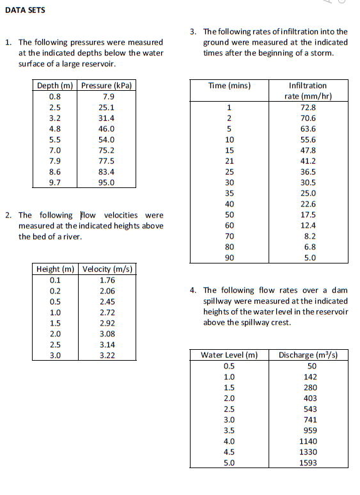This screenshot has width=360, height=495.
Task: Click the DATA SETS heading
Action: click(25, 10)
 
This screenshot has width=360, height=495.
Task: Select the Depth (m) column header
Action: click(56, 86)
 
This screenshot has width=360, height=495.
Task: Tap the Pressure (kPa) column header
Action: click(107, 86)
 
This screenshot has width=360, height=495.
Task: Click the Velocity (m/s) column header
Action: click(107, 269)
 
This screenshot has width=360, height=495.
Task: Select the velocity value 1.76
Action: click(107, 279)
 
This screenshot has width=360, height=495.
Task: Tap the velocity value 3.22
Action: click(107, 356)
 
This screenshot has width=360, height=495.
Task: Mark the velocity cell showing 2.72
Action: click(107, 312)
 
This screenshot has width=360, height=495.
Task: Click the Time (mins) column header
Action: click(230, 86)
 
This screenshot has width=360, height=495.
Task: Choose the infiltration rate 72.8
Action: click(308, 107)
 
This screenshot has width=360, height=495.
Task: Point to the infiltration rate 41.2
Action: click(308, 161)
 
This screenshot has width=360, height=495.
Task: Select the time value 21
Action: click(230, 161)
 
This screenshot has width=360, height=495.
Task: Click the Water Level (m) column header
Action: click(229, 355)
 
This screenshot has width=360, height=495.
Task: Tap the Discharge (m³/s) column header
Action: click(308, 355)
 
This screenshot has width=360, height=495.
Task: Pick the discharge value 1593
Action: click(308, 463)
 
